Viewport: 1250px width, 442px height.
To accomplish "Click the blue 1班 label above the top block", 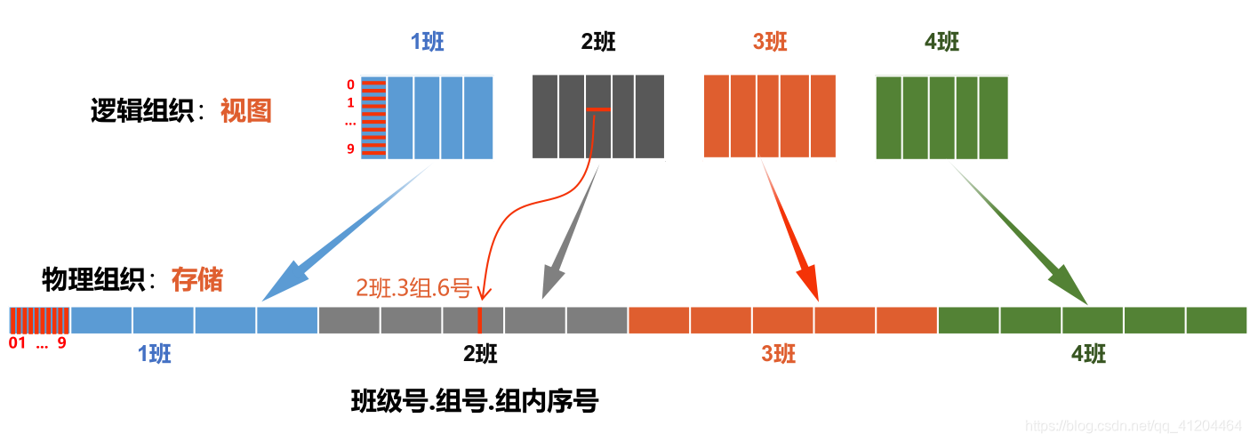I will click(x=427, y=43).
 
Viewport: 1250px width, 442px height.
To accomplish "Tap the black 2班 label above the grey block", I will click(x=597, y=43).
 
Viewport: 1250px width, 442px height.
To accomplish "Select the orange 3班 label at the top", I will click(x=769, y=43).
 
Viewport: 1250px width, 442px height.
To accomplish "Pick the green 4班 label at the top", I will click(x=942, y=43).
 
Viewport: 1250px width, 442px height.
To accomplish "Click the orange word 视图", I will click(x=245, y=111).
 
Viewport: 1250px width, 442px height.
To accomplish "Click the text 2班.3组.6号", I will click(x=413, y=288).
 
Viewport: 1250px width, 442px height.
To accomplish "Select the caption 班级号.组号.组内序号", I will click(x=475, y=403).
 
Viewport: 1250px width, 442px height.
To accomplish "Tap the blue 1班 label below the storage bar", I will click(x=155, y=354).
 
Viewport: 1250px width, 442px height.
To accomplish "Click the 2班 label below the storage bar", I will click(x=480, y=354).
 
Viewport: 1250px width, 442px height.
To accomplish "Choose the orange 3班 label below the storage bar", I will click(x=778, y=354).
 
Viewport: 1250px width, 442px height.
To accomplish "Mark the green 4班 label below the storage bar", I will click(x=1089, y=354).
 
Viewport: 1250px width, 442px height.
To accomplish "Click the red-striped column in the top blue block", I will click(x=373, y=117).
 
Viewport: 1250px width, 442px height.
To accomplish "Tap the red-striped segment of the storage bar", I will click(x=40, y=320).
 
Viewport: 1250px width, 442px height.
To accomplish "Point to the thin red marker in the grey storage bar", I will click(x=479, y=320).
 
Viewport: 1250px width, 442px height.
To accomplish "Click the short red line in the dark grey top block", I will click(x=598, y=109).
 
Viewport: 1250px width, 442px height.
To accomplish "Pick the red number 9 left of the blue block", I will click(x=350, y=149).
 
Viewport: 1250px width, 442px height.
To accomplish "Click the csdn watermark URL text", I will click(x=1134, y=426).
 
